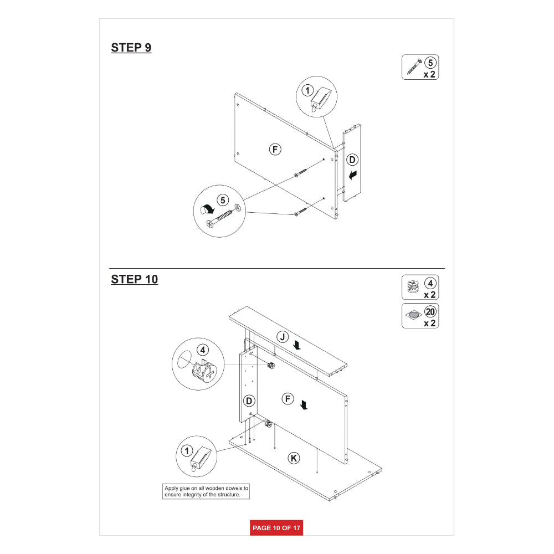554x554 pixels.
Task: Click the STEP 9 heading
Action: [131, 48]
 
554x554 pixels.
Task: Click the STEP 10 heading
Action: [134, 279]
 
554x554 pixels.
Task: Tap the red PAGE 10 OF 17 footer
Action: [276, 528]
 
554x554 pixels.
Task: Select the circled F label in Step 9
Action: [275, 150]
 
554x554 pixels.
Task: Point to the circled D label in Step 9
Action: [352, 160]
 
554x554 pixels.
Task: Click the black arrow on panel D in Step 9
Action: [352, 175]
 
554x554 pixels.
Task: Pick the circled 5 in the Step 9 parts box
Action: [430, 63]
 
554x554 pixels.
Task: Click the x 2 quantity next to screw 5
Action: [429, 75]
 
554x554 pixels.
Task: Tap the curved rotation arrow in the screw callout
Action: [207, 209]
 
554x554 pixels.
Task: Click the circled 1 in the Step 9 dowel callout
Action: [307, 90]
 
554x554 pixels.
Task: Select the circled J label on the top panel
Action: [283, 337]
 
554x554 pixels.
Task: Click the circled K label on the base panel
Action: [294, 458]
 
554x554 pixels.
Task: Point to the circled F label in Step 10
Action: [288, 399]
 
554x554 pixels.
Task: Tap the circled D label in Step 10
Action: [249, 401]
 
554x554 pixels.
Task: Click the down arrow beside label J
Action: [297, 345]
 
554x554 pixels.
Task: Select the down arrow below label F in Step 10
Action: [304, 405]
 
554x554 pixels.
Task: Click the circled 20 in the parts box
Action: [430, 311]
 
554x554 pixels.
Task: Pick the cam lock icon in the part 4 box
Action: [413, 286]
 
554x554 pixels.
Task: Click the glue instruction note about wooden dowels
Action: [206, 491]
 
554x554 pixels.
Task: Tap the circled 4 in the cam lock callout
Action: [203, 350]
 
